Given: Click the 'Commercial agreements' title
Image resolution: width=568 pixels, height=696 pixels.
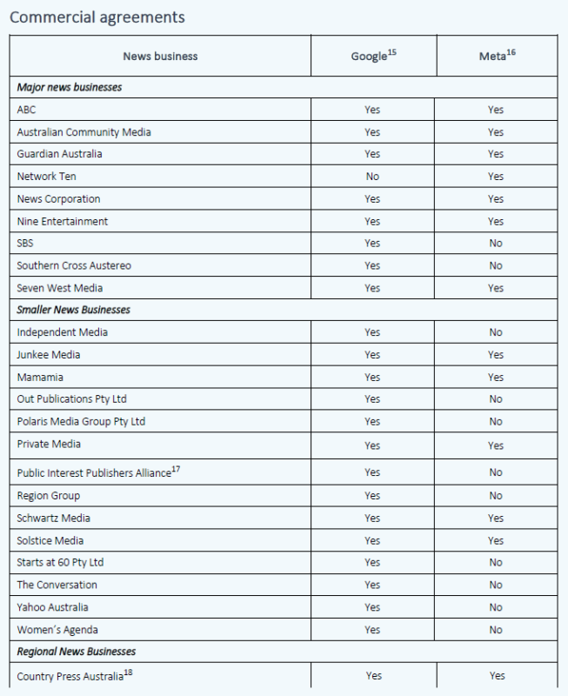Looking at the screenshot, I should [97, 17].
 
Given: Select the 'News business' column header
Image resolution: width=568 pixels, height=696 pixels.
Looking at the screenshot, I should [160, 57].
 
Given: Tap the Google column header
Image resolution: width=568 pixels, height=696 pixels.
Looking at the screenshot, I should [373, 57].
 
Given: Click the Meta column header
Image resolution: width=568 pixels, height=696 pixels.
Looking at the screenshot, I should [496, 57].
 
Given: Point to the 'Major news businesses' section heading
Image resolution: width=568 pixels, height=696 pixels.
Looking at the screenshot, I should [70, 88].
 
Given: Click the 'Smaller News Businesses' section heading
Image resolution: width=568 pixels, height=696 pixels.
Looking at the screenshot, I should [75, 310].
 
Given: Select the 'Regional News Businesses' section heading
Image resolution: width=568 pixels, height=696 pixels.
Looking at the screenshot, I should [77, 652].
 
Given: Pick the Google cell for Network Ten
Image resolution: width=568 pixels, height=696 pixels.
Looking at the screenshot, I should [372, 177].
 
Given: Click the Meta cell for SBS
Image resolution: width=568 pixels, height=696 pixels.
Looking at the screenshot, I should [496, 244].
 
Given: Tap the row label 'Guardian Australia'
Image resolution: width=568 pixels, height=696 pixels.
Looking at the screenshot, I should [59, 154].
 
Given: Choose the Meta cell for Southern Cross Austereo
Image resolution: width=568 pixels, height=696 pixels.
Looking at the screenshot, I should [496, 265].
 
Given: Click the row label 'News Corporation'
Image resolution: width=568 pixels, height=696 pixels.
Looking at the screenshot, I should [58, 199].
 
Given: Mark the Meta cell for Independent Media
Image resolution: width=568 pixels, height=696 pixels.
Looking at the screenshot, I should [496, 332].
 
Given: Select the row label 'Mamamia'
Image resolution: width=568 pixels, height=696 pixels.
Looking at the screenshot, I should [40, 378].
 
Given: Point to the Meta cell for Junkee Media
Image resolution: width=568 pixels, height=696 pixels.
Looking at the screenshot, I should [496, 355].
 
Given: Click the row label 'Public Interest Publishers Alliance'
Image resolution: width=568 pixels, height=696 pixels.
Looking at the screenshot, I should [94, 473].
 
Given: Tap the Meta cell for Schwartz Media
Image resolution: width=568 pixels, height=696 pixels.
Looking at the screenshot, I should [496, 519].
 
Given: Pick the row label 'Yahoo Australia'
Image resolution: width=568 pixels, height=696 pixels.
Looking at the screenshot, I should [52, 607].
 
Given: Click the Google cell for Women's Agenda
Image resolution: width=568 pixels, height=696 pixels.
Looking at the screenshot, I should [372, 630].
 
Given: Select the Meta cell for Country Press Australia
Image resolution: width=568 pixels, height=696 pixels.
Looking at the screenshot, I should [496, 676].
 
